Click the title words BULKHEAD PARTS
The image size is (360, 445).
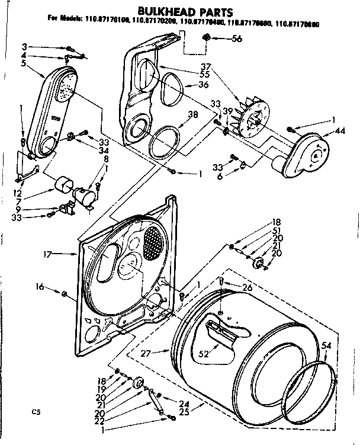(180, 11)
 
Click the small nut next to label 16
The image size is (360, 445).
(64, 293)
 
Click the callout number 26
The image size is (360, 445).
(247, 288)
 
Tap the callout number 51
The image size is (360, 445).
(277, 231)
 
